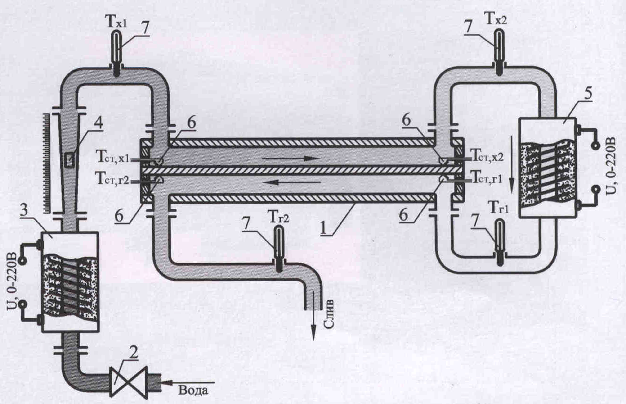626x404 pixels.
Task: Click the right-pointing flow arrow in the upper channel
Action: tap(291, 159)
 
